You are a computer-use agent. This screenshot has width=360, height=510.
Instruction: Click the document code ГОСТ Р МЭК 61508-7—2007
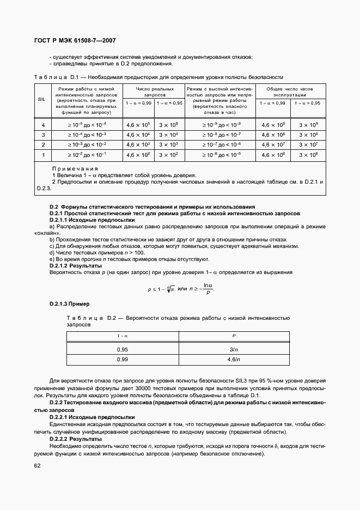tap(75, 40)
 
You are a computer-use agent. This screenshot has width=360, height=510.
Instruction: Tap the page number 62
tap(38, 465)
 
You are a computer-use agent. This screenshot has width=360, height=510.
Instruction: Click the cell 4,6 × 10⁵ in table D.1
tap(138, 125)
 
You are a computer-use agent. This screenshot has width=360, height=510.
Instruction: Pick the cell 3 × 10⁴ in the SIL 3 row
tap(168, 135)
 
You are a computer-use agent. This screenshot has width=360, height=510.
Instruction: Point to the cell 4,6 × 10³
tap(138, 145)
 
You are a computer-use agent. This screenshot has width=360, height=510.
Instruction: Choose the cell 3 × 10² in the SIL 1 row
tap(168, 155)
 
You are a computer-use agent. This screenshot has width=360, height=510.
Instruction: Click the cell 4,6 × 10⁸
tap(272, 135)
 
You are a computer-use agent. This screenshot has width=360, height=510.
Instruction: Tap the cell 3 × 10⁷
tap(308, 145)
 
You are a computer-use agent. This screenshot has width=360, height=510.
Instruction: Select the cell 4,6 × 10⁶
tap(272, 155)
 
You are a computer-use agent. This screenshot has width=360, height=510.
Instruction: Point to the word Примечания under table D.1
tap(75, 169)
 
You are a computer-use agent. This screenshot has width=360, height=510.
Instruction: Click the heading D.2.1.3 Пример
tap(70, 303)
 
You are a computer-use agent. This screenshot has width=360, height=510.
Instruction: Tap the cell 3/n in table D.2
tap(234, 349)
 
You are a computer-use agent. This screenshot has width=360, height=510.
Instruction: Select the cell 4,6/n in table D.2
tap(234, 360)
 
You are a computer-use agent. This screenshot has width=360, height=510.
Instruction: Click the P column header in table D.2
tap(234, 336)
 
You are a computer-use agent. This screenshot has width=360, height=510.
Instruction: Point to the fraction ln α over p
tap(207, 289)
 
